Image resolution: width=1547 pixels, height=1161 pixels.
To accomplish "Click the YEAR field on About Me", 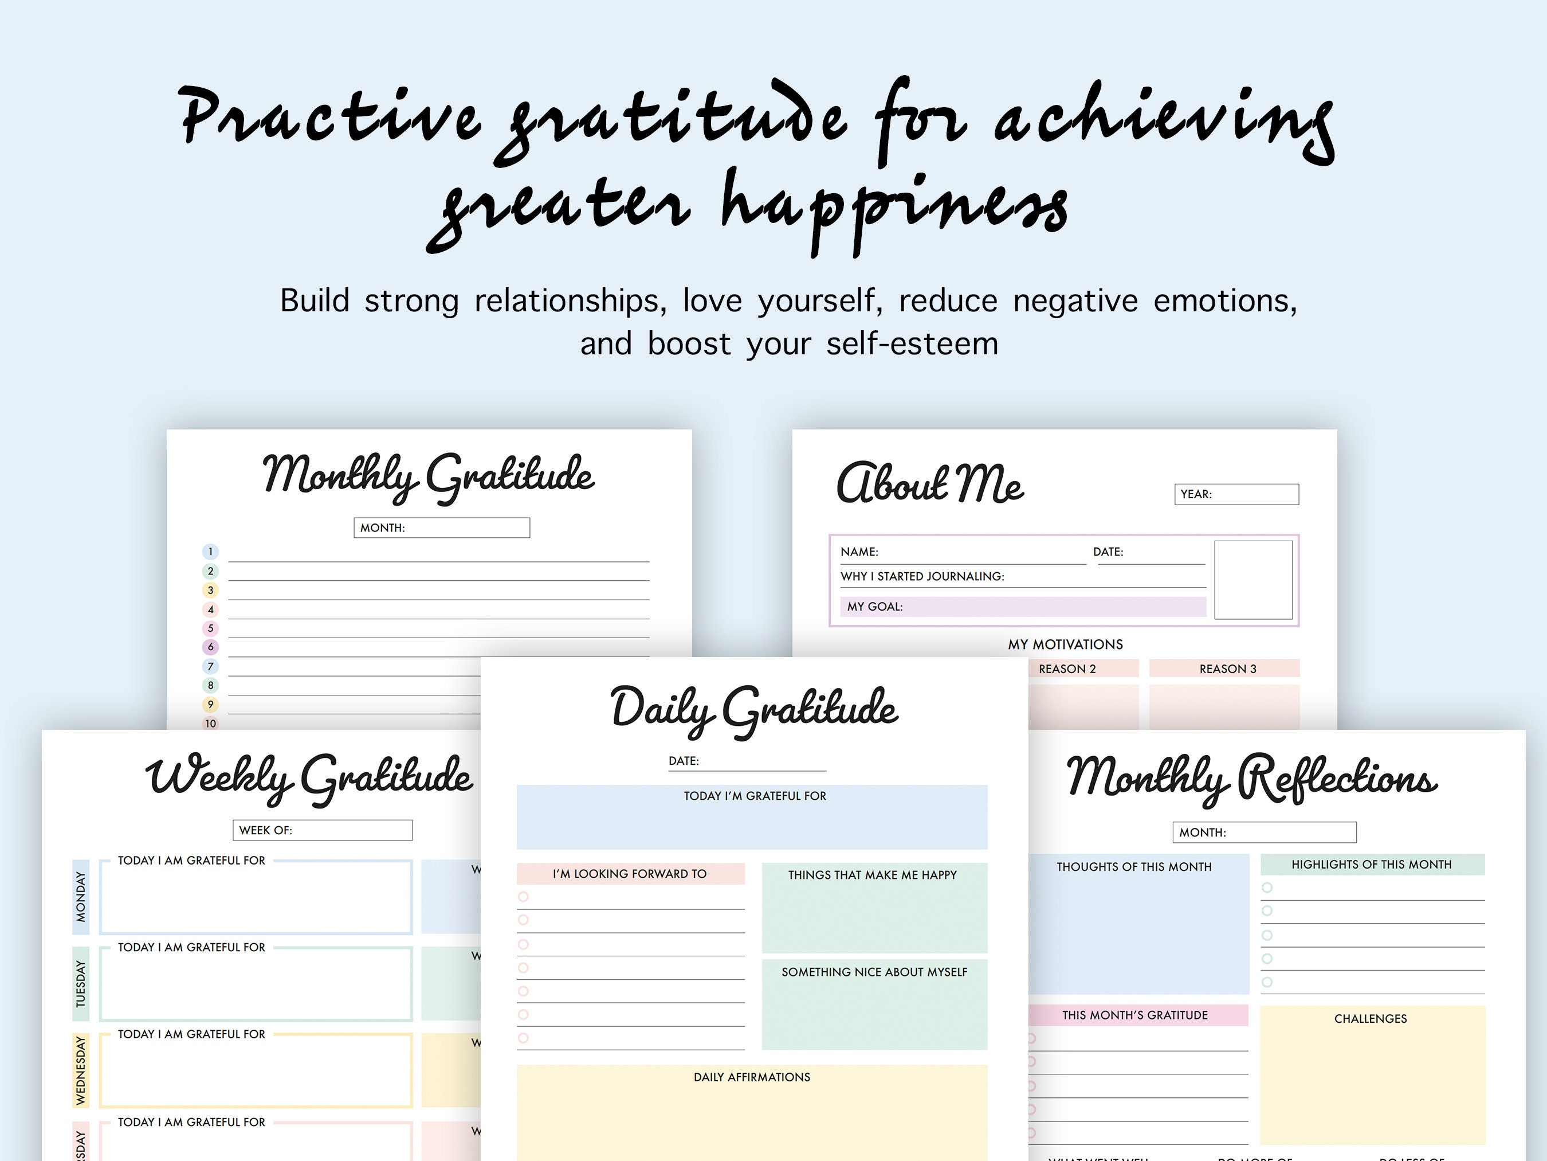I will click(1236, 494).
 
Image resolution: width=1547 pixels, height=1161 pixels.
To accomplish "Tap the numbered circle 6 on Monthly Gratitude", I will click(210, 647).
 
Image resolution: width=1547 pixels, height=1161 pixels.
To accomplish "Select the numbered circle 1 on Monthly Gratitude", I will click(210, 552).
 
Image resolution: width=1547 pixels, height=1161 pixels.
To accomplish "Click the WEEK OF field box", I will click(323, 830).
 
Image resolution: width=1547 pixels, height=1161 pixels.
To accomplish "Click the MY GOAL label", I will click(875, 607).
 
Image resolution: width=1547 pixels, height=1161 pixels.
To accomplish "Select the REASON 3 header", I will click(1227, 669).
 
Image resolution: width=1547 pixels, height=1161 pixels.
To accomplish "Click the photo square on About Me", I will click(1252, 580).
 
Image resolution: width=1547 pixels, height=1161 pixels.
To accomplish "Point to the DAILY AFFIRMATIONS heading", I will click(752, 1077).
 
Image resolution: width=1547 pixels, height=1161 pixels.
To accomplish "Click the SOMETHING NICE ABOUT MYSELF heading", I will click(874, 972).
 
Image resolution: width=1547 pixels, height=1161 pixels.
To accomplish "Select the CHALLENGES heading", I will click(1370, 1019).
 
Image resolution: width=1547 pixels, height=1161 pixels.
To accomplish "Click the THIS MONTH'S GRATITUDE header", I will click(1134, 1015).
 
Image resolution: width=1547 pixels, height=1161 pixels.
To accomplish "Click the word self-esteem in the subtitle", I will click(912, 343).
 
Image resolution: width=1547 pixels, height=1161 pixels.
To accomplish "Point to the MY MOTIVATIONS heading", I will click(1065, 644).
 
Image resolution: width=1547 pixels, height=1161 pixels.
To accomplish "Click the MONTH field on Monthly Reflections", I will click(1264, 832).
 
